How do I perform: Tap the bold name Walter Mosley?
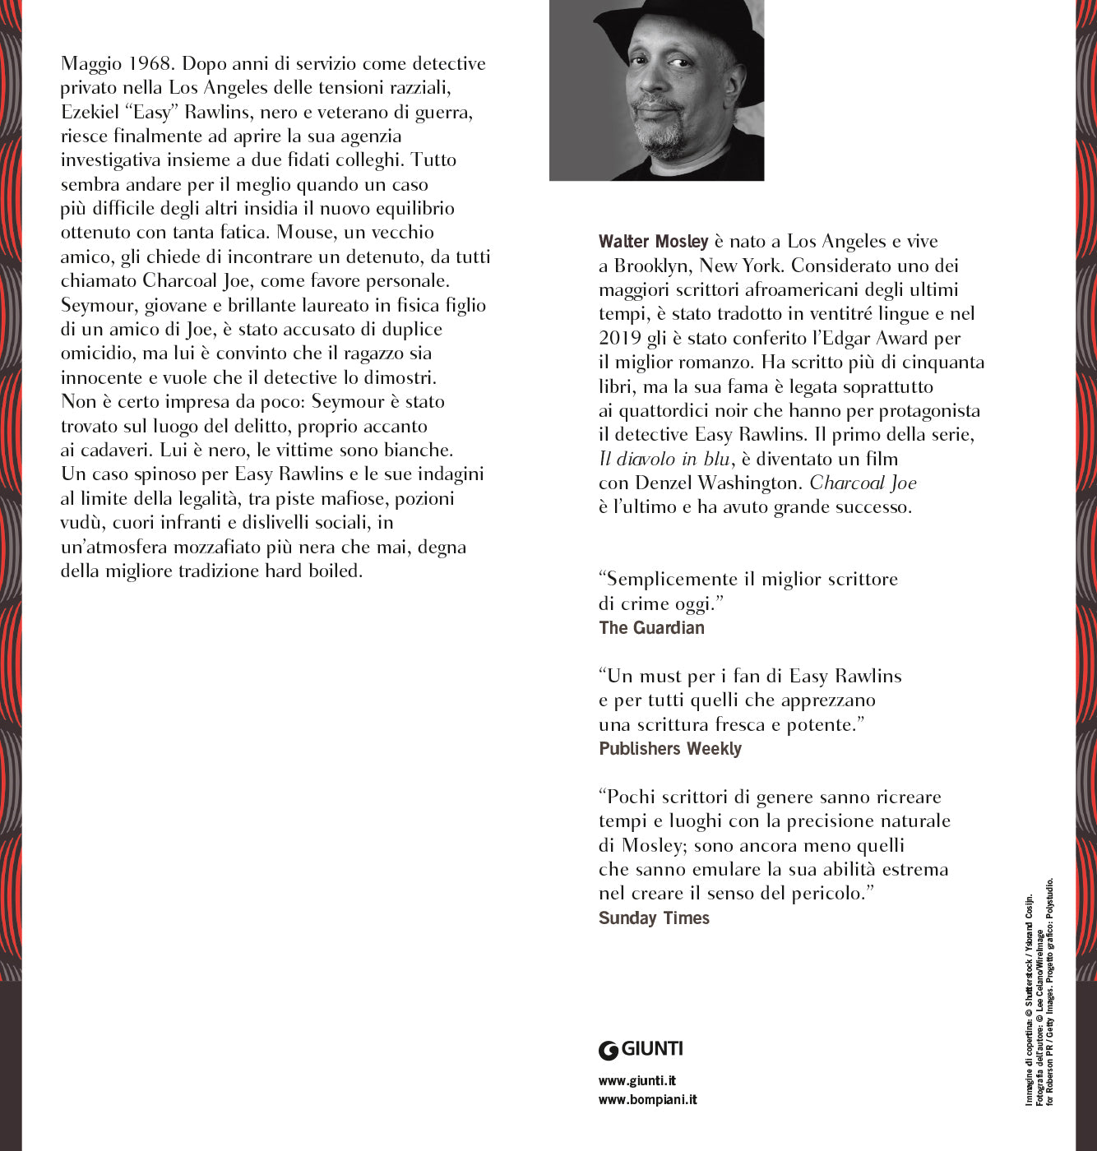tap(653, 242)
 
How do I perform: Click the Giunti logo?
tap(641, 1049)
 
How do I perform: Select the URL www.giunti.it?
tap(637, 1081)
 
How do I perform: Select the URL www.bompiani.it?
tap(647, 1100)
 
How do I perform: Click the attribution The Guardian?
tap(651, 628)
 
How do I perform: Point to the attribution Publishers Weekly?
tap(669, 749)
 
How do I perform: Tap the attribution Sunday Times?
tap(654, 918)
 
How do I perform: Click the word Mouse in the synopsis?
tap(304, 233)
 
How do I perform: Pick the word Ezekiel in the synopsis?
tap(90, 112)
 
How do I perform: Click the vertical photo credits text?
tap(1039, 995)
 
